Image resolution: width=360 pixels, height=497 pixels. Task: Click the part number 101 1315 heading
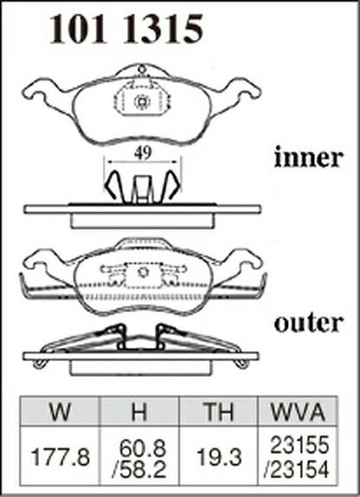[x=125, y=29]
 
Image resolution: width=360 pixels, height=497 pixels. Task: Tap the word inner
[x=308, y=158]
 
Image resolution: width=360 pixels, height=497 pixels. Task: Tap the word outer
[x=308, y=323]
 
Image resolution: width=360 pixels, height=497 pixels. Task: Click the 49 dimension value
[x=143, y=154]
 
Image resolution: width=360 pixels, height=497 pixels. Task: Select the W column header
[x=60, y=411]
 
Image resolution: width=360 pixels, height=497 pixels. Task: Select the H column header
[x=139, y=411]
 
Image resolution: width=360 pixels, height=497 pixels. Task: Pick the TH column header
[x=219, y=411]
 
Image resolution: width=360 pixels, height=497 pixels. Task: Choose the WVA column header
[x=298, y=411]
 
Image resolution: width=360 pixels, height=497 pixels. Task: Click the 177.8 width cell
[x=61, y=457]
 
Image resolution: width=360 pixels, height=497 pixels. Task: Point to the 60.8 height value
[x=143, y=449]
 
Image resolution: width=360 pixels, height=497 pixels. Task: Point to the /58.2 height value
[x=139, y=469]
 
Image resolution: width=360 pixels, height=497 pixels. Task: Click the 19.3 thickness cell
[x=219, y=457]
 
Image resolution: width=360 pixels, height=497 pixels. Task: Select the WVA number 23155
[x=299, y=445]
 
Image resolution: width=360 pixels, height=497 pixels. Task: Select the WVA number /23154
[x=297, y=469]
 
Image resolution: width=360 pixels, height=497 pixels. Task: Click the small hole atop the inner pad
[x=142, y=68]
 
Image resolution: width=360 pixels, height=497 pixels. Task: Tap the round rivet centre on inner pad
[x=142, y=102]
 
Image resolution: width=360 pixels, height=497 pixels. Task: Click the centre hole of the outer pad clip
[x=142, y=272]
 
